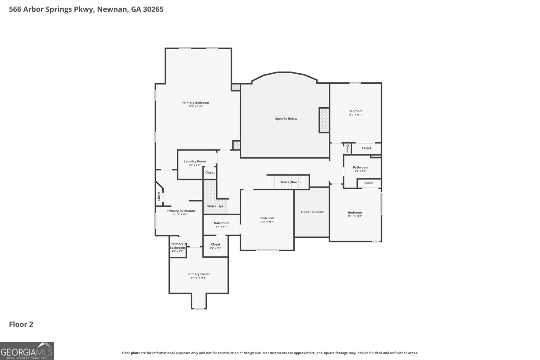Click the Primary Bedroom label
tap(195, 103)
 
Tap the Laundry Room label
tap(194, 161)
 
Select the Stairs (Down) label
tap(290, 182)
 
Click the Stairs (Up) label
tap(215, 206)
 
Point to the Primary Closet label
tap(198, 274)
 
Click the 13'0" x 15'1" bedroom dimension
tap(355, 115)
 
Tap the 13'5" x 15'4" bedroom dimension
tap(267, 222)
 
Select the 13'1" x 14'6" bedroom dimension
tap(355, 216)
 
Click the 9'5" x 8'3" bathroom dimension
tap(360, 171)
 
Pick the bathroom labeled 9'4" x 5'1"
tap(221, 225)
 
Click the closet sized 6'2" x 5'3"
tap(215, 246)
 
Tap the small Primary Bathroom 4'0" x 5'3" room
tap(177, 247)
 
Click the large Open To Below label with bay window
tap(286, 119)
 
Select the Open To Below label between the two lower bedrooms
tap(312, 212)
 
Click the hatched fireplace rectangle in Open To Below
tap(324, 120)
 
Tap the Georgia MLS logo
tap(27, 351)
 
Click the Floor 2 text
tap(21, 324)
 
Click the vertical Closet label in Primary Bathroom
tap(159, 196)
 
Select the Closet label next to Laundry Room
tap(210, 172)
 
